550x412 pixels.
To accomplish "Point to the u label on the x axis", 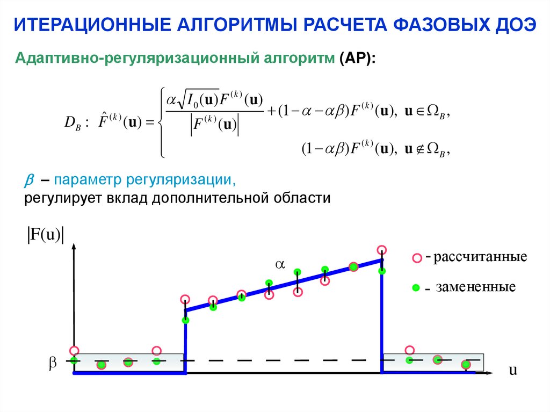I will [x=513, y=370].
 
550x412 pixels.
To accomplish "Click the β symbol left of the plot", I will [x=53, y=363].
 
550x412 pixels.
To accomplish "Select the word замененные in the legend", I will [x=475, y=287].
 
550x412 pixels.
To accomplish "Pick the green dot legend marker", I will [x=415, y=288].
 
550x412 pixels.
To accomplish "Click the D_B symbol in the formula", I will [x=71, y=124].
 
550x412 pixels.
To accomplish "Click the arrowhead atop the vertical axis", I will [x=74, y=248].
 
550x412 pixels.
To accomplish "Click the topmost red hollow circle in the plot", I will [x=382, y=250].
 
